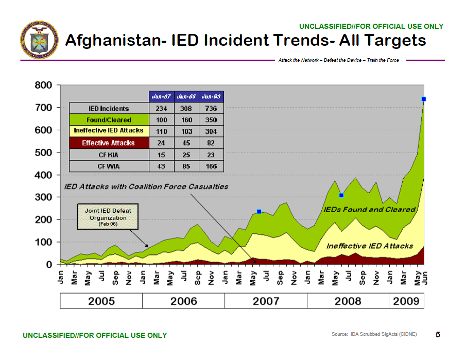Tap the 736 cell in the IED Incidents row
211,108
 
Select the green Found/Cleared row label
109,119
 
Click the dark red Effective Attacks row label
109,143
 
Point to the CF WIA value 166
211,166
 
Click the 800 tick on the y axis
43,85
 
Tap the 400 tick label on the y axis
43,175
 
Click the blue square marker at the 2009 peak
424,99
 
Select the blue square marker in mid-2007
259,212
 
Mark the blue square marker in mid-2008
341,195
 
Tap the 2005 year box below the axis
101,301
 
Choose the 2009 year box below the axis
406,301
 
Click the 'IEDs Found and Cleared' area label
369,210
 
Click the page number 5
438,335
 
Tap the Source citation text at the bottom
374,335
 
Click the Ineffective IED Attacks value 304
211,131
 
